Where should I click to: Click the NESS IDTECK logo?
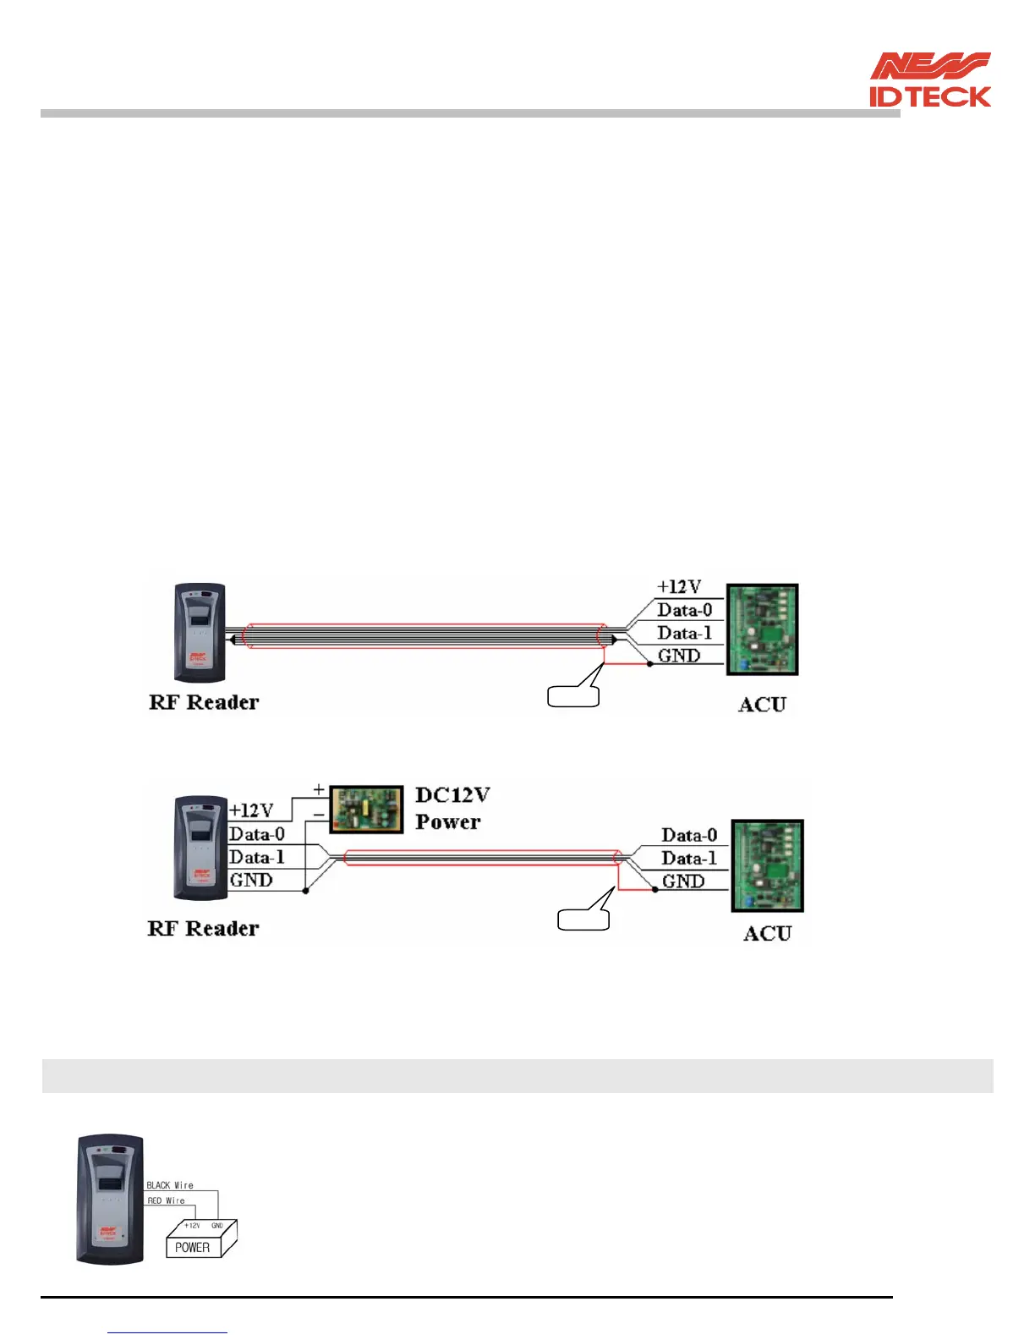[x=930, y=80]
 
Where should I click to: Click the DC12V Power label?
[x=452, y=809]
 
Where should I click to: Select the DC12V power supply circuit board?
[x=365, y=810]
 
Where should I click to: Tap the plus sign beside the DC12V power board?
[x=319, y=789]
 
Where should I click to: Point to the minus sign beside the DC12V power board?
[x=319, y=815]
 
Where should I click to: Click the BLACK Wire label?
[x=170, y=1185]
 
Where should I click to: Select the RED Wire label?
[x=166, y=1200]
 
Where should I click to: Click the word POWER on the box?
[x=192, y=1247]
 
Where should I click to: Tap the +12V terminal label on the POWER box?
[x=192, y=1225]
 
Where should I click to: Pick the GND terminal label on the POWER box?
[x=217, y=1225]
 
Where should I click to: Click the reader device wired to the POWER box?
[x=110, y=1200]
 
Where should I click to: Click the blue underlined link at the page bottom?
[x=167, y=1332]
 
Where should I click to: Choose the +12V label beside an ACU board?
[x=679, y=586]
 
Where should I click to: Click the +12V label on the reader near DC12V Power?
[x=251, y=810]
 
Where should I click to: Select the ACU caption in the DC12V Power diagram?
[x=767, y=933]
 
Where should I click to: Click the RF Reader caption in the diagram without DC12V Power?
[x=204, y=702]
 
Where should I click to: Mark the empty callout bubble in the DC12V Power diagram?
[x=583, y=919]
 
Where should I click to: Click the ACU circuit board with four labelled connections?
[x=763, y=629]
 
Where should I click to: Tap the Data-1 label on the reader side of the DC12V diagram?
[x=257, y=857]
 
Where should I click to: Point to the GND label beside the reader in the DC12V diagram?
[x=251, y=880]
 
